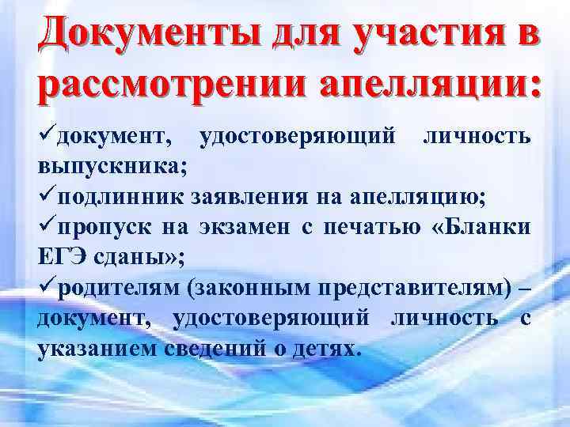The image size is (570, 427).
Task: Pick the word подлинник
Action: coord(108,196)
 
